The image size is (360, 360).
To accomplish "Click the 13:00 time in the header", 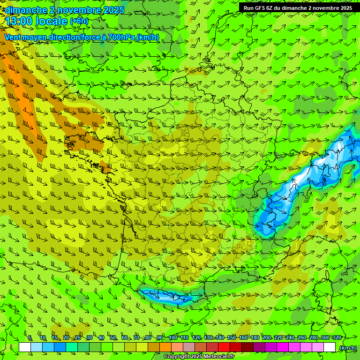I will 19,21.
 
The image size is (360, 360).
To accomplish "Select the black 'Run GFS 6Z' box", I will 298,8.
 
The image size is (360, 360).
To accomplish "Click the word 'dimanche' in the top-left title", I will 26,10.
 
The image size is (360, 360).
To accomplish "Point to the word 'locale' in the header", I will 52,21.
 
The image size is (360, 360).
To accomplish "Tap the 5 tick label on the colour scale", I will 30,338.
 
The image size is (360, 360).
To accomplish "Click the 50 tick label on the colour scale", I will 113,338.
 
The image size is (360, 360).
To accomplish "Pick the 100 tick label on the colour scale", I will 172,338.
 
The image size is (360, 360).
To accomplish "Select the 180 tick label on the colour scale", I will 255,338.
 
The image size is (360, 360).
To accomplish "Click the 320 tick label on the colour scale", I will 337,338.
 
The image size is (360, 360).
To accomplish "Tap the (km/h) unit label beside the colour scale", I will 348,348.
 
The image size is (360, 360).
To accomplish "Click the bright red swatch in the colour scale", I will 224,347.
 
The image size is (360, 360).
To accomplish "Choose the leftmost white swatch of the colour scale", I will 25,347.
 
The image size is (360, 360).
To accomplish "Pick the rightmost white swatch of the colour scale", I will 330,347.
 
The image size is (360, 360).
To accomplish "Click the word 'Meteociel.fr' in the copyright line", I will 219,357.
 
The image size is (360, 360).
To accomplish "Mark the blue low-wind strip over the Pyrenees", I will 166,296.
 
